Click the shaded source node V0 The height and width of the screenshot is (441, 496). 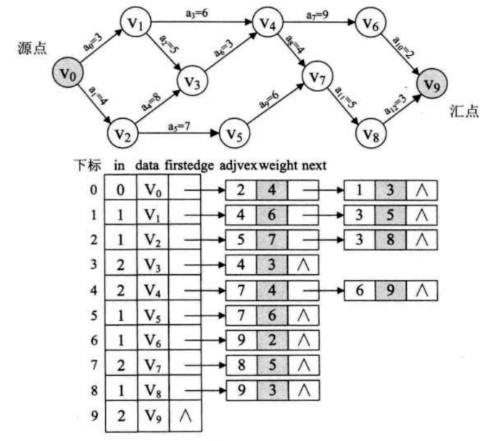[x=65, y=73]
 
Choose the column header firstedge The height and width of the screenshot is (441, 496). [x=189, y=165]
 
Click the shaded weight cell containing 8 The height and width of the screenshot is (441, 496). [x=390, y=240]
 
